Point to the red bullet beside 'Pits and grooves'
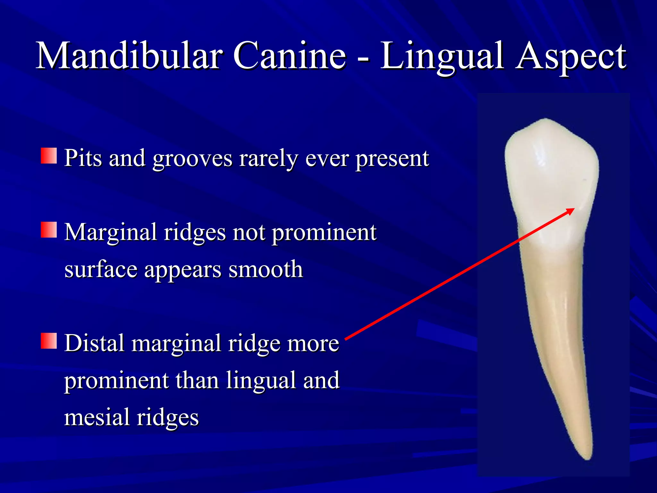pyautogui.click(x=49, y=156)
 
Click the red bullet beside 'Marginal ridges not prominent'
pyautogui.click(x=49, y=230)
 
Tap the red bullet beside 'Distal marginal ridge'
pyautogui.click(x=49, y=341)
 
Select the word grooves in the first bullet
pyautogui.click(x=192, y=159)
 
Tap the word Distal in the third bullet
pyautogui.click(x=94, y=343)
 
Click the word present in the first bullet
pyautogui.click(x=392, y=159)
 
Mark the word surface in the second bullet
pyautogui.click(x=101, y=270)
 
